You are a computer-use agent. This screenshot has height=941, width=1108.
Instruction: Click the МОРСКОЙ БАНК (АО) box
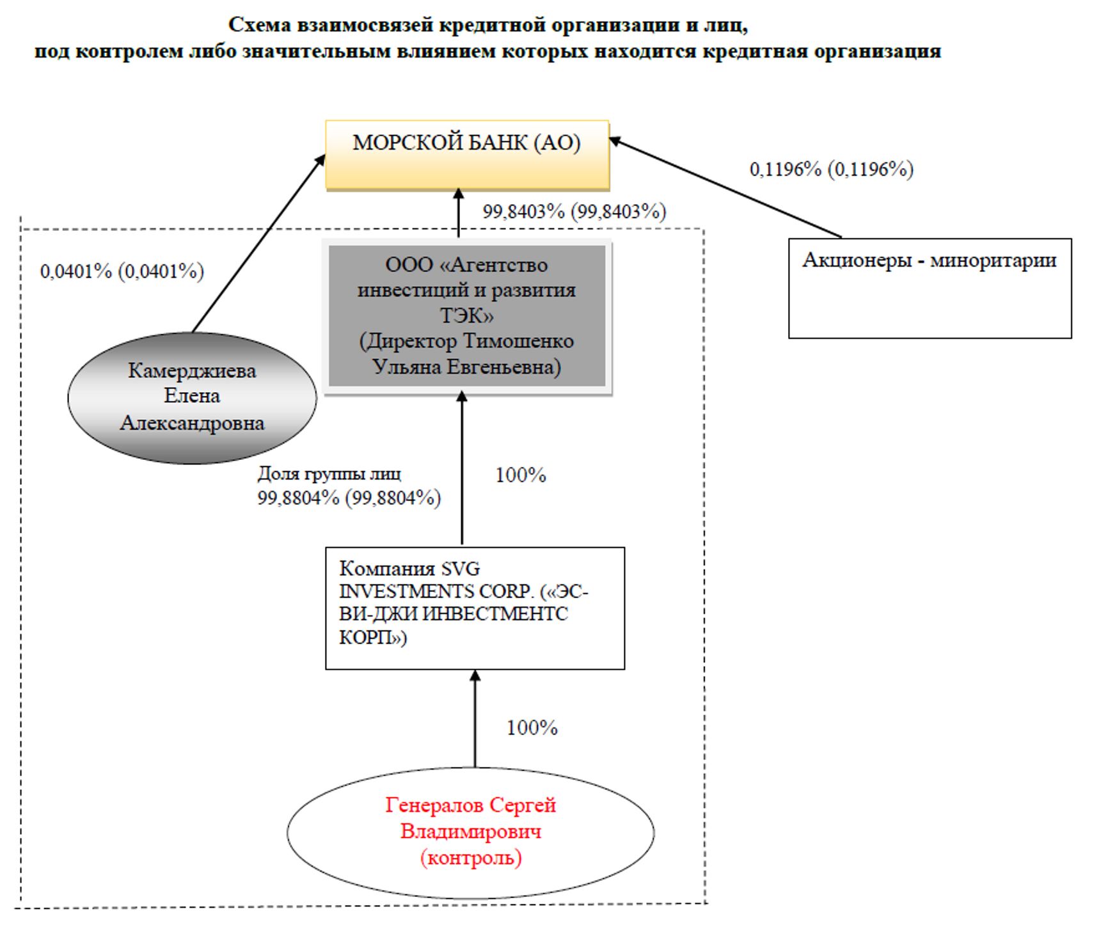pos(467,154)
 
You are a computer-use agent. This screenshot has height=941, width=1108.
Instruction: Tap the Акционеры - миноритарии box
pos(930,288)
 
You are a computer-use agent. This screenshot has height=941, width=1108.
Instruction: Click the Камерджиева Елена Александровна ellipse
pos(192,397)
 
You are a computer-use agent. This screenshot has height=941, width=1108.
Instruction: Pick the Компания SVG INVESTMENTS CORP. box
pos(475,608)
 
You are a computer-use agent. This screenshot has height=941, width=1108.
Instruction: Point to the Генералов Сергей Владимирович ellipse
pos(471,832)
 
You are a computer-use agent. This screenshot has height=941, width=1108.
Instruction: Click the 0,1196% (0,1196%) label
pos(832,170)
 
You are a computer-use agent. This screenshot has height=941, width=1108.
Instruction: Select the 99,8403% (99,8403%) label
pos(574,212)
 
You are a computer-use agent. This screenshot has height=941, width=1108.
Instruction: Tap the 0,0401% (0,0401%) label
pos(122,272)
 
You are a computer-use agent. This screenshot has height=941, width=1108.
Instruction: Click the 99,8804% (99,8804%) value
pos(349,498)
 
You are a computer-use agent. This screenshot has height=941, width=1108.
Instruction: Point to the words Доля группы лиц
pos(329,474)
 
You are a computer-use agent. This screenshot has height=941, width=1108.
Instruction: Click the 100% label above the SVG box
pos(521,475)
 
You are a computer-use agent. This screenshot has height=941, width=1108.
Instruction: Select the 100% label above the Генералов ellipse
pos(532,728)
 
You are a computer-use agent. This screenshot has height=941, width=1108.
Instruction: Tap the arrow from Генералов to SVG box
pos(475,720)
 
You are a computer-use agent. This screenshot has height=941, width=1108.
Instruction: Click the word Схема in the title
pos(259,26)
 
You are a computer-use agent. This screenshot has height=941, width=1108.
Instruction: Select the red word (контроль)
pos(471,858)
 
